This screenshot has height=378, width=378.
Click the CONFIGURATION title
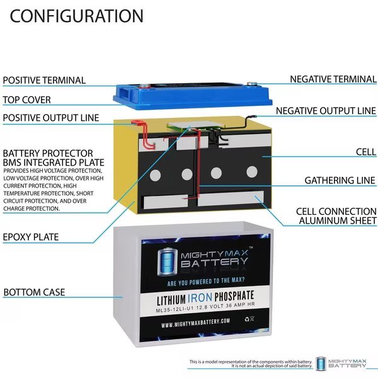pos(76,16)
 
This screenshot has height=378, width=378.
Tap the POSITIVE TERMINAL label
pos(44,80)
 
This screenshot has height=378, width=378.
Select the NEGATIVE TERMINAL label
pos(333,79)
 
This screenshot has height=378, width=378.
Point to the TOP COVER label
pos(26,100)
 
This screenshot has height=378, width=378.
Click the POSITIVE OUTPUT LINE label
pos(51,118)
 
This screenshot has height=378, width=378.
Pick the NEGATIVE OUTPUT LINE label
pos(326,111)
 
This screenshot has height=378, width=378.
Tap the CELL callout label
pos(366,152)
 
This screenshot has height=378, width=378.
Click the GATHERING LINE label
pos(340,180)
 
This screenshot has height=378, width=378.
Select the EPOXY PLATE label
pos(31,237)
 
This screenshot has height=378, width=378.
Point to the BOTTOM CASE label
pos(34,292)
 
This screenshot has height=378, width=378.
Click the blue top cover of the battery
pos(193,96)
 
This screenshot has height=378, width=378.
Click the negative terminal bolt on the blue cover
pos(252,84)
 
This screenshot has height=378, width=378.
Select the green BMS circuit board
pos(196,126)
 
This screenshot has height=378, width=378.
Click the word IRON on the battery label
pos(200,298)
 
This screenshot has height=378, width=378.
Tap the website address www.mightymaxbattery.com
pos(195,323)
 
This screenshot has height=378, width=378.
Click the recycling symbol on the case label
pos(247,319)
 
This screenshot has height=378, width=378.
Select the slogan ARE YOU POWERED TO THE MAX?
pos(206,282)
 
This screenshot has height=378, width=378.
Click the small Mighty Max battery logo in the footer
pos(341,364)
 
